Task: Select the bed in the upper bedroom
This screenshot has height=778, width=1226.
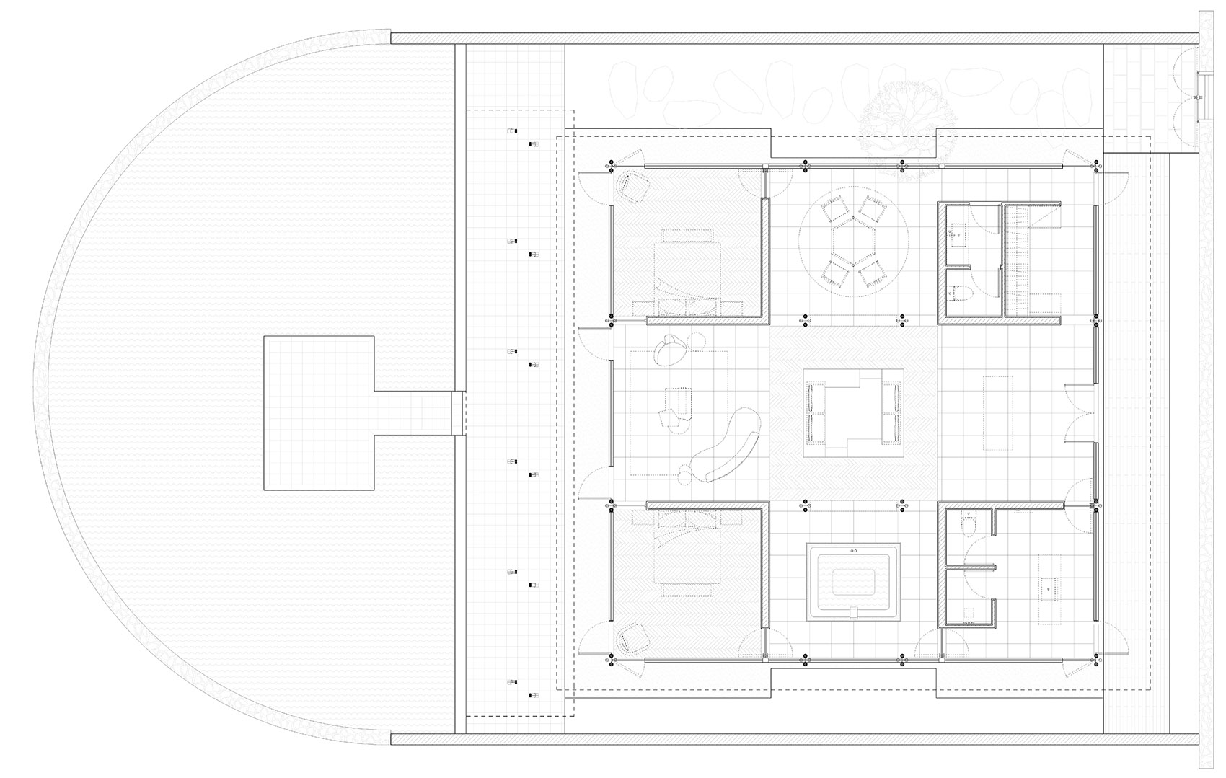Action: click(687, 273)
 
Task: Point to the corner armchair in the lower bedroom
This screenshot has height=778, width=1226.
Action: click(632, 639)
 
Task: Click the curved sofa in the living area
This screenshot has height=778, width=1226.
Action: click(725, 446)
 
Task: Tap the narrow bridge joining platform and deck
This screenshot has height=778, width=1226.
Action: click(457, 412)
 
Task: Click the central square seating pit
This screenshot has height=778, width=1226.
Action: click(854, 412)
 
